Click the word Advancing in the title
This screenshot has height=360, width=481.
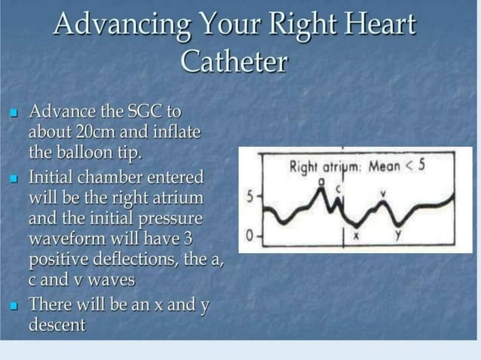point(121,25)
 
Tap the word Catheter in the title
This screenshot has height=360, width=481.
point(234,61)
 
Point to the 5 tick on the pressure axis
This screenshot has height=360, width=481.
point(250,198)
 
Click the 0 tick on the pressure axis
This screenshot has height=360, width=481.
point(250,236)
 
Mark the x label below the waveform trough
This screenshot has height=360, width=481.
point(357,238)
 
